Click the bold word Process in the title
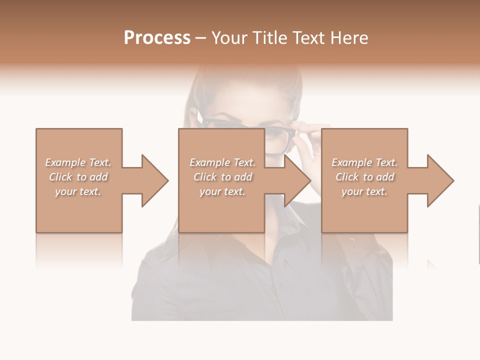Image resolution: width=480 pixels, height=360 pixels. point(157,38)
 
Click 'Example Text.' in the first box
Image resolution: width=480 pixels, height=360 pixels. point(78,162)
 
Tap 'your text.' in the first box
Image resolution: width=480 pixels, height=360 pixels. point(78,191)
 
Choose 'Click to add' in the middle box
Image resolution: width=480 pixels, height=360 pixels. point(222,177)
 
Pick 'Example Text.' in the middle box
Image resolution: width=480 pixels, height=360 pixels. point(222,162)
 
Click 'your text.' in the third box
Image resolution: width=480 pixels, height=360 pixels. point(364,191)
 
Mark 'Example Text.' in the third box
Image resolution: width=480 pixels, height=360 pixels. point(364,162)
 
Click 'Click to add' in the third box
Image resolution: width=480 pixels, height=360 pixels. point(364,177)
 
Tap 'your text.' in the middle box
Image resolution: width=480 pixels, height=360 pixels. point(222,191)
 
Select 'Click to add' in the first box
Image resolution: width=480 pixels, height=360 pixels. point(78,177)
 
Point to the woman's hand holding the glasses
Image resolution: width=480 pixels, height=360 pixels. point(311,135)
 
